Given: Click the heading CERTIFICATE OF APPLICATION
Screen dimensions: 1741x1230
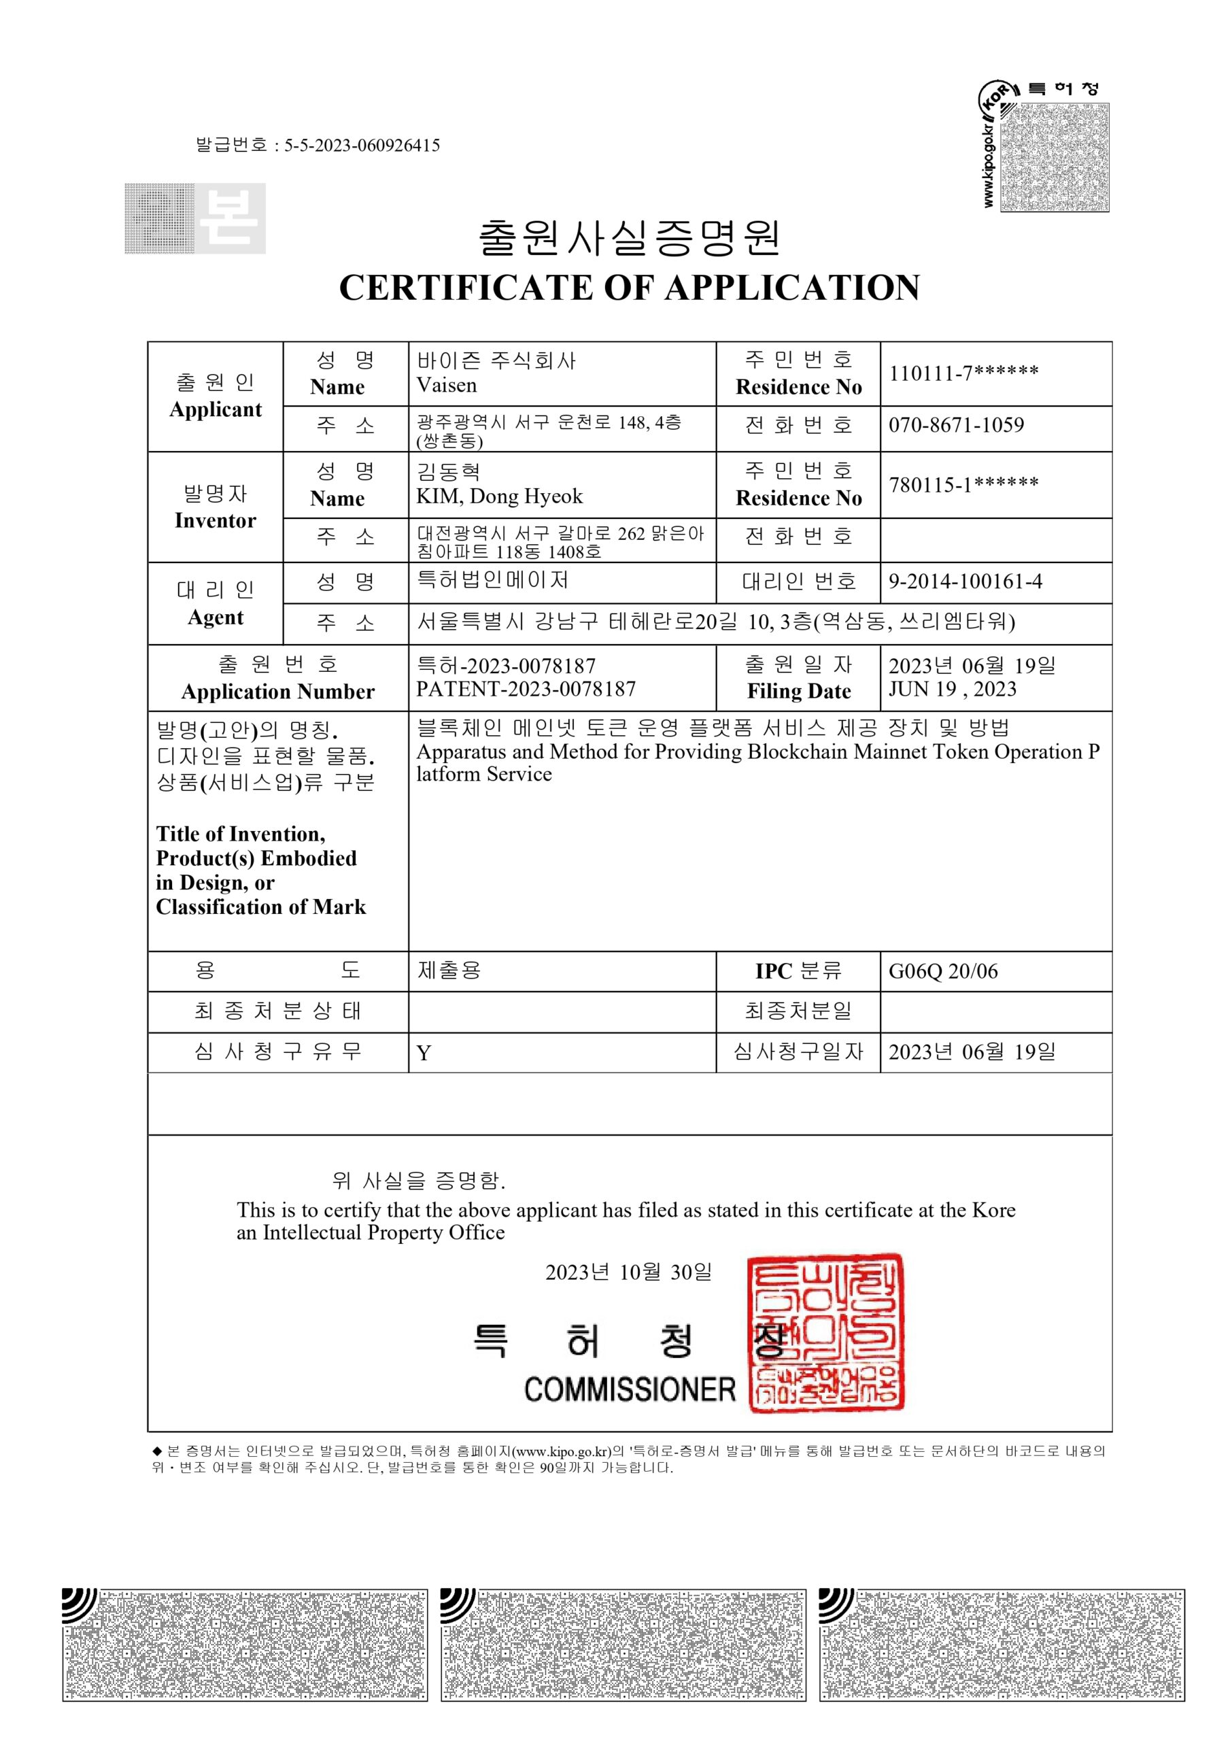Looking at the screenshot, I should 630,288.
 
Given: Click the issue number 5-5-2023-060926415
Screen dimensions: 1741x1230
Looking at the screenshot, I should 362,146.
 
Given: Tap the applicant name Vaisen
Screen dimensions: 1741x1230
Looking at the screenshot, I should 447,385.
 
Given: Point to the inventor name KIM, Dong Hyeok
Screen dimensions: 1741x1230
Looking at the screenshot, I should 500,496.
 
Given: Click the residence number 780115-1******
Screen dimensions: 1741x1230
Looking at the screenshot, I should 963,484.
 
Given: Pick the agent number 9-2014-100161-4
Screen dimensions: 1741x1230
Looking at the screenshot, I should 966,581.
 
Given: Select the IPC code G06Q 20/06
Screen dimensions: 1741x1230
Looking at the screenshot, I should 942,971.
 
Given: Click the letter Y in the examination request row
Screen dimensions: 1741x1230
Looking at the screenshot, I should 424,1053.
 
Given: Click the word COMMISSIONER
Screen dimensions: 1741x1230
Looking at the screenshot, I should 630,1390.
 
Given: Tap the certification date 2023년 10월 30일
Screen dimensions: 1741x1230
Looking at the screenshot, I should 629,1272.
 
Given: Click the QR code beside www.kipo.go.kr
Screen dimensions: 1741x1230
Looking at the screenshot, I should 1054,157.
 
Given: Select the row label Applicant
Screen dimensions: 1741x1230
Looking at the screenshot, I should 216,409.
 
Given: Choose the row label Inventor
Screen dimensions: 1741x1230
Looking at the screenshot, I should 216,521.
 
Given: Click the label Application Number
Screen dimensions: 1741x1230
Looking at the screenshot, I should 277,692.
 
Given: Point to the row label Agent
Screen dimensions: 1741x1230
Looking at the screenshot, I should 216,618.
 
